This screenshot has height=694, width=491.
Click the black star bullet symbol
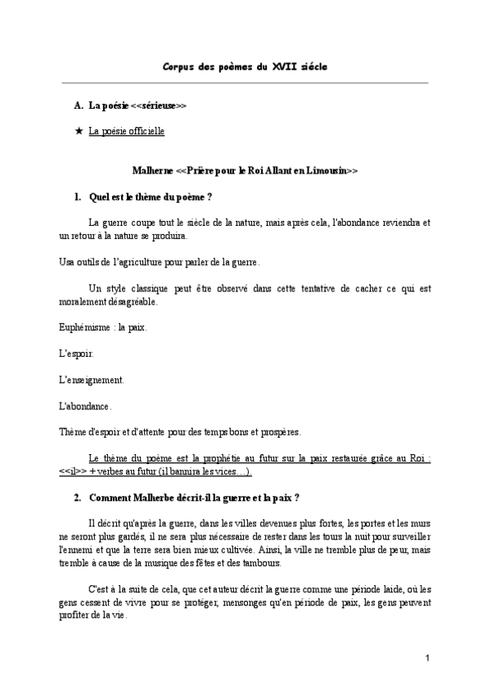click(78, 130)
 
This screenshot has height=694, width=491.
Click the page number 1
click(427, 658)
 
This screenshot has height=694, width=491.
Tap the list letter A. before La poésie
click(78, 106)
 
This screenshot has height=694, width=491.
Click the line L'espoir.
click(77, 354)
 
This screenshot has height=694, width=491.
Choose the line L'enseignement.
click(92, 380)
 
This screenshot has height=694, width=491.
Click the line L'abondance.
click(85, 406)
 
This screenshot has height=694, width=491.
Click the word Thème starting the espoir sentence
click(74, 432)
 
